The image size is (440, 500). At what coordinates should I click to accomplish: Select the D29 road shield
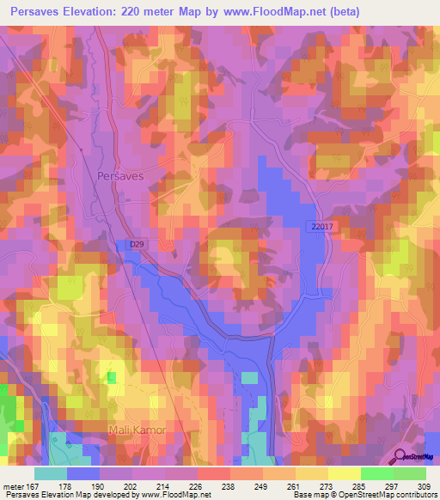click(x=136, y=245)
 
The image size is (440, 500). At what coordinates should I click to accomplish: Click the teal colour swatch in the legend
click(x=50, y=473)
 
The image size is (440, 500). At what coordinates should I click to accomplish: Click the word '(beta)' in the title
click(x=342, y=11)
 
